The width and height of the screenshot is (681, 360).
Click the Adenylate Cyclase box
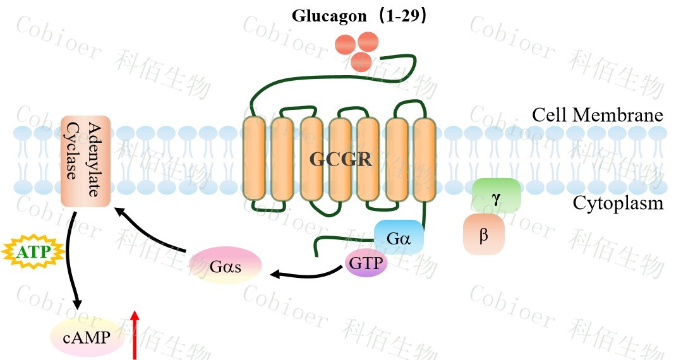[x=86, y=160]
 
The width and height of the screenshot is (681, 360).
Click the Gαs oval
[x=226, y=266]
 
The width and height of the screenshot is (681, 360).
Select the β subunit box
[x=484, y=234]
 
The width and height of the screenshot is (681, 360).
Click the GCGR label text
[x=340, y=159]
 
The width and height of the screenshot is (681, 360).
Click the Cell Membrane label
[x=597, y=116]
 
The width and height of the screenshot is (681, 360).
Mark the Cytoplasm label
[x=618, y=203]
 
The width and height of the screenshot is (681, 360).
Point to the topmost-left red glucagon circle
[x=345, y=45]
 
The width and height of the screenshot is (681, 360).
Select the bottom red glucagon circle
[x=360, y=62]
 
